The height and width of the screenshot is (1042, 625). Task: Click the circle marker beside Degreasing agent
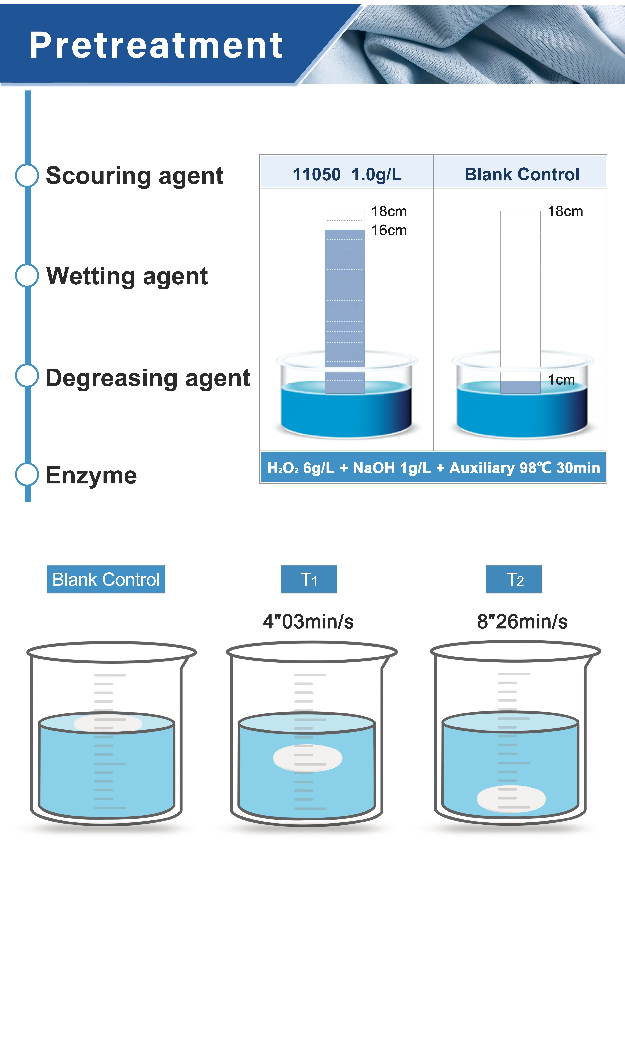(27, 376)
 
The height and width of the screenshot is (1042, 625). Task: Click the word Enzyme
(91, 475)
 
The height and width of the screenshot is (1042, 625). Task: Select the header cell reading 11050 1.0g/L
(347, 174)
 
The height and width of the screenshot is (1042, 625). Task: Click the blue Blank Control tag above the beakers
(106, 580)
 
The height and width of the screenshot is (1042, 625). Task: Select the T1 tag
(309, 580)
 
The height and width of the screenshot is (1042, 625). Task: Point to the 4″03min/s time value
(308, 621)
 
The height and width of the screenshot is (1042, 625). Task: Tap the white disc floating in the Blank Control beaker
(108, 724)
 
